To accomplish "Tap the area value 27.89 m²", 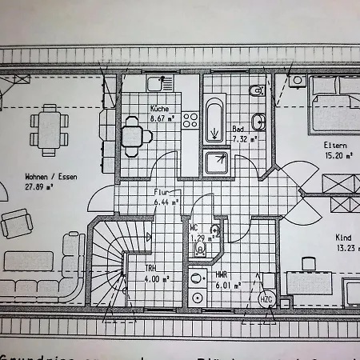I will tap(38, 187).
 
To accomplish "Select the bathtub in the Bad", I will tap(215, 118).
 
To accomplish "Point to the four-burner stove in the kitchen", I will tap(190, 121).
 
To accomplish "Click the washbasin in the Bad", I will tap(257, 121).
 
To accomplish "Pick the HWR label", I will tap(222, 274).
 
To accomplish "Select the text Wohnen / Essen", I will tap(50, 177).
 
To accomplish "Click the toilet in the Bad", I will tap(256, 90).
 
